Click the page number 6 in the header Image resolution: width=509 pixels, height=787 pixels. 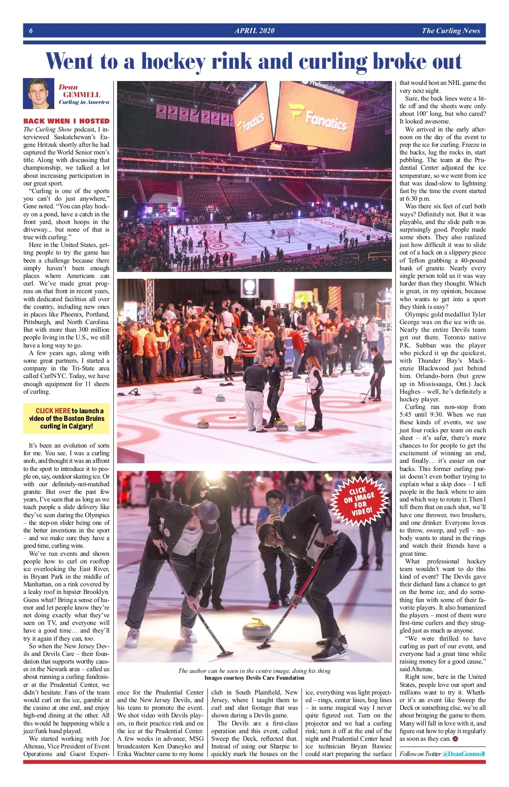pyautogui.click(x=31, y=31)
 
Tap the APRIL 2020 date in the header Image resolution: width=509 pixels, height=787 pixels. pyautogui.click(x=254, y=31)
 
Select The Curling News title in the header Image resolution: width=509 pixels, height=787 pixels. pyautogui.click(x=450, y=31)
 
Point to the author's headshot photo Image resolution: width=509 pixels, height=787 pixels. pyautogui.click(x=39, y=93)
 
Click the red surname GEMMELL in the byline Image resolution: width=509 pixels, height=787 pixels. pyautogui.click(x=81, y=95)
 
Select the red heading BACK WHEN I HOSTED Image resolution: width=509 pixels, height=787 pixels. pyautogui.click(x=66, y=121)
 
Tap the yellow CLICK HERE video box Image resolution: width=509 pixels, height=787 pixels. pyautogui.click(x=66, y=418)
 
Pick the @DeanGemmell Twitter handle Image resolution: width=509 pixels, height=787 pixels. pyautogui.click(x=463, y=753)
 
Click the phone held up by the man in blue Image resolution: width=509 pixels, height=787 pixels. pyautogui.click(x=274, y=510)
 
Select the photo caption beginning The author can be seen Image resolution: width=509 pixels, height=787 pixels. pyautogui.click(x=254, y=671)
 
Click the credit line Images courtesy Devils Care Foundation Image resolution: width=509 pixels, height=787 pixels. pyautogui.click(x=254, y=678)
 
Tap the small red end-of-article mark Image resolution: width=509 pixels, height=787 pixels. pyautogui.click(x=455, y=739)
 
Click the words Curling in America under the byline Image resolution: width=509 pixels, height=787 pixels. pyautogui.click(x=84, y=102)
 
